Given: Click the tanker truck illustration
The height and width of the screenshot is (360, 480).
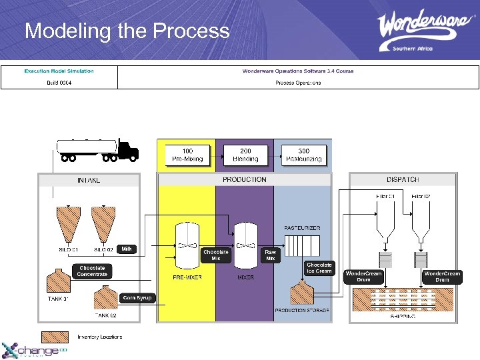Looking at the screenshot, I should (x=97, y=149).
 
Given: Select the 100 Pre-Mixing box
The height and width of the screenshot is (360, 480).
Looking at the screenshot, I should (x=187, y=155).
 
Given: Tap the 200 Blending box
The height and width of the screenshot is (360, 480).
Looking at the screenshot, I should (x=245, y=155).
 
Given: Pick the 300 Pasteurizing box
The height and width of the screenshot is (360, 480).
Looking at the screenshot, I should (x=303, y=155).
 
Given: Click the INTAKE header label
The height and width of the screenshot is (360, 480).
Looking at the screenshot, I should (x=89, y=181).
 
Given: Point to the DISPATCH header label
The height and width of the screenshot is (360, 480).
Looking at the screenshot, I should (x=402, y=179).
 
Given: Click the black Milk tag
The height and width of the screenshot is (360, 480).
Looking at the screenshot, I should (x=126, y=249).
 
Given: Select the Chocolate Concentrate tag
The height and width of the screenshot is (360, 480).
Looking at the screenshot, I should (x=91, y=271).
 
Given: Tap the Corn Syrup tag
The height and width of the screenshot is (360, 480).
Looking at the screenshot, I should (x=137, y=298).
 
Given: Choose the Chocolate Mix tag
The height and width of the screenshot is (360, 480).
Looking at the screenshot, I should (x=215, y=255).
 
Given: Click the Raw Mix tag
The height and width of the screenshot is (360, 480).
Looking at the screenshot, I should (x=270, y=255).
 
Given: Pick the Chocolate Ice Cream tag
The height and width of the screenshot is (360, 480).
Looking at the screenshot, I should (x=319, y=268).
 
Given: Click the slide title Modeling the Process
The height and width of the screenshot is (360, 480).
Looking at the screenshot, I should (x=127, y=31).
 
